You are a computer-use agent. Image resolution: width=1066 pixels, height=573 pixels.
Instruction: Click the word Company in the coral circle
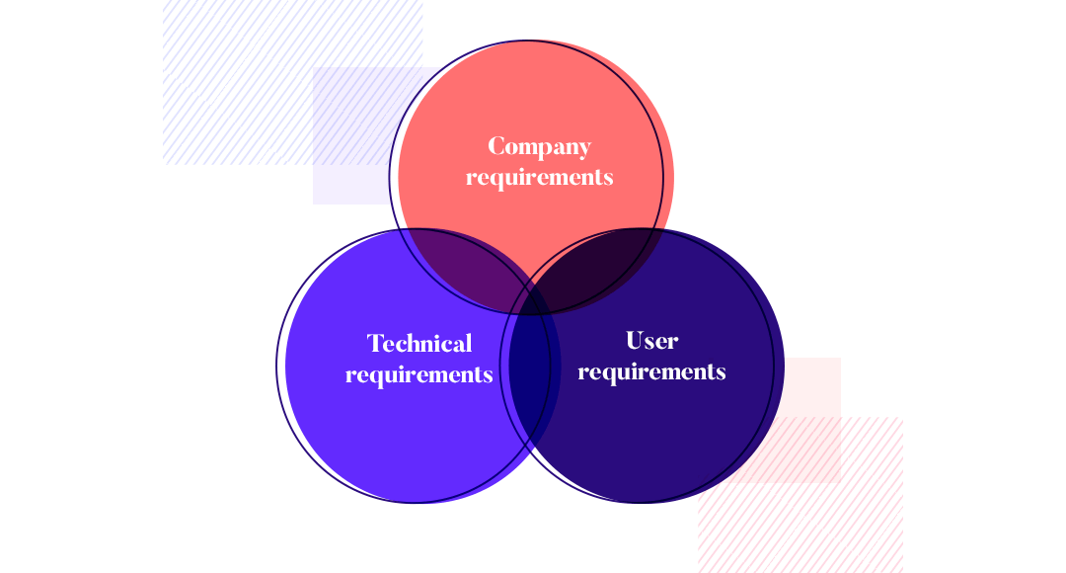point(539,147)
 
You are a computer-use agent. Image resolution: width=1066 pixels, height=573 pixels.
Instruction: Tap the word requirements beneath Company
point(539,178)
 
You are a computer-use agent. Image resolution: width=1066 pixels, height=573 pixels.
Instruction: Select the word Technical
point(419,343)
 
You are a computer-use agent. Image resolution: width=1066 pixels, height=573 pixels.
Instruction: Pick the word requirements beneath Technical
point(419,375)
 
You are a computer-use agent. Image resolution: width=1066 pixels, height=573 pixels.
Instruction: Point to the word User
point(652,340)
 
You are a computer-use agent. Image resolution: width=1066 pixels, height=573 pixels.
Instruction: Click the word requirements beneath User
point(652,372)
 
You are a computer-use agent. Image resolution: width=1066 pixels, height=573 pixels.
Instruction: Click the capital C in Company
point(496,146)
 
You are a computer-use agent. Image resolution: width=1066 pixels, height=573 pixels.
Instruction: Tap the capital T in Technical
point(376,343)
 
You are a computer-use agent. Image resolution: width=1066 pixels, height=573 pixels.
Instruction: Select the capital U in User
point(635,340)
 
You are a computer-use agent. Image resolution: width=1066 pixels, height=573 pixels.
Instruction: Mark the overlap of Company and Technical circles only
point(462,262)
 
